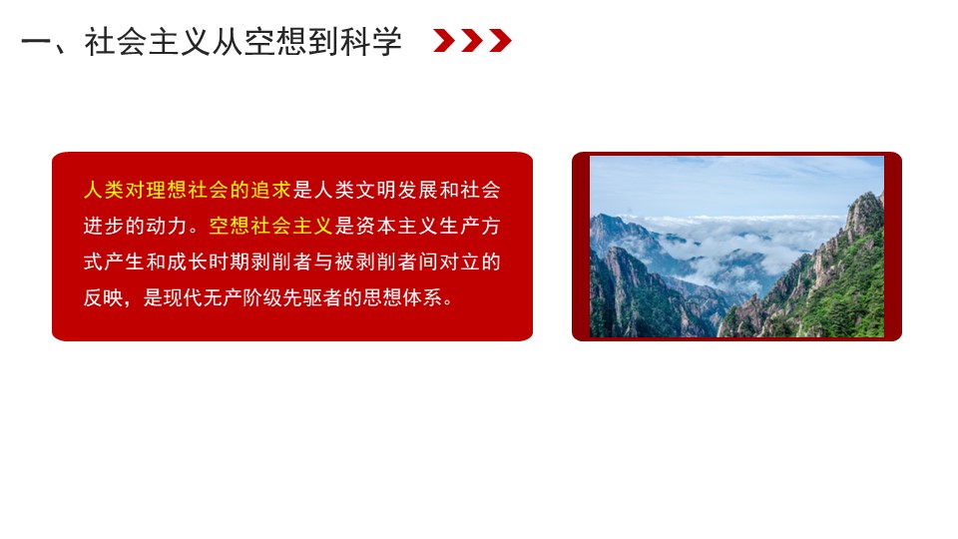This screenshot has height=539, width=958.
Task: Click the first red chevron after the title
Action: pyautogui.click(x=444, y=41)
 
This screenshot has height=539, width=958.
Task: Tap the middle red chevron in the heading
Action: pyautogui.click(x=472, y=41)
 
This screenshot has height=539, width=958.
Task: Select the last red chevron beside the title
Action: pyautogui.click(x=500, y=41)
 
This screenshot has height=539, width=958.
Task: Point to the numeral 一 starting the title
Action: pyautogui.click(x=36, y=42)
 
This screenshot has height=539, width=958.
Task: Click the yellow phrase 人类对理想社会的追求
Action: pyautogui.click(x=187, y=190)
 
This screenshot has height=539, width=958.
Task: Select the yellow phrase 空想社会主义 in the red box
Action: pyautogui.click(x=270, y=227)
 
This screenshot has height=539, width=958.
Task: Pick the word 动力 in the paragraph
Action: pyautogui.click(x=167, y=227)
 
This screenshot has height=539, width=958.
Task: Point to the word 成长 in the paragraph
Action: pyautogui.click(x=187, y=263)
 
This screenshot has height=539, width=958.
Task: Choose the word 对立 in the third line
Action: pyautogui.click(x=460, y=263)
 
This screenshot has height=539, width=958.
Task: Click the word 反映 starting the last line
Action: pyautogui.click(x=104, y=298)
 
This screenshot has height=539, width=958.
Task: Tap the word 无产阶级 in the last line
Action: pyautogui.click(x=242, y=298)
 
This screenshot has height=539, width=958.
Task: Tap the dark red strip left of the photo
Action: pyautogui.click(x=581, y=247)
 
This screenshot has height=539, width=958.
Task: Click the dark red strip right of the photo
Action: pyautogui.click(x=892, y=247)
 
